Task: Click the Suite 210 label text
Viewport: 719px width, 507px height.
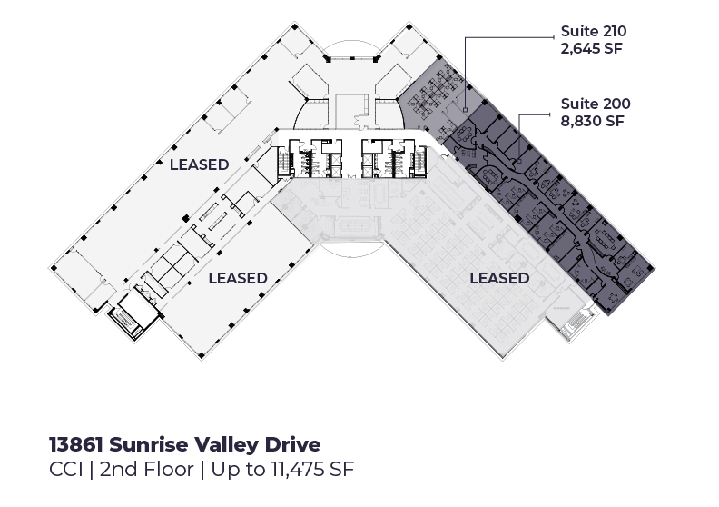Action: (594, 31)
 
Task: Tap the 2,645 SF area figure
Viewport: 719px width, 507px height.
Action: (592, 49)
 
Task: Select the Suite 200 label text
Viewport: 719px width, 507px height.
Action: (596, 104)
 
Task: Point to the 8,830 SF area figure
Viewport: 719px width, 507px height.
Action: (593, 121)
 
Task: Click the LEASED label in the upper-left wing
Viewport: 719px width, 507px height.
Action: (200, 164)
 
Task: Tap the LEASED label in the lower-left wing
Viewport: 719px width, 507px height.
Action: (238, 278)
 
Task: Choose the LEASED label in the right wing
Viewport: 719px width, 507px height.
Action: (500, 278)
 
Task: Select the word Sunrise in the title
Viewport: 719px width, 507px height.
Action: (149, 444)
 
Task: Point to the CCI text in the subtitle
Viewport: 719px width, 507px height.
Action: (66, 470)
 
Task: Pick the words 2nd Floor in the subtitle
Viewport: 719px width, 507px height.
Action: (147, 470)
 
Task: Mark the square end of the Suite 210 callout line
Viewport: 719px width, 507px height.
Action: (466, 109)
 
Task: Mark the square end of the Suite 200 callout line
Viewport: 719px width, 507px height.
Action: (519, 161)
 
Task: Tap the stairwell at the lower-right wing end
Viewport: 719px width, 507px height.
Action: (576, 324)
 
